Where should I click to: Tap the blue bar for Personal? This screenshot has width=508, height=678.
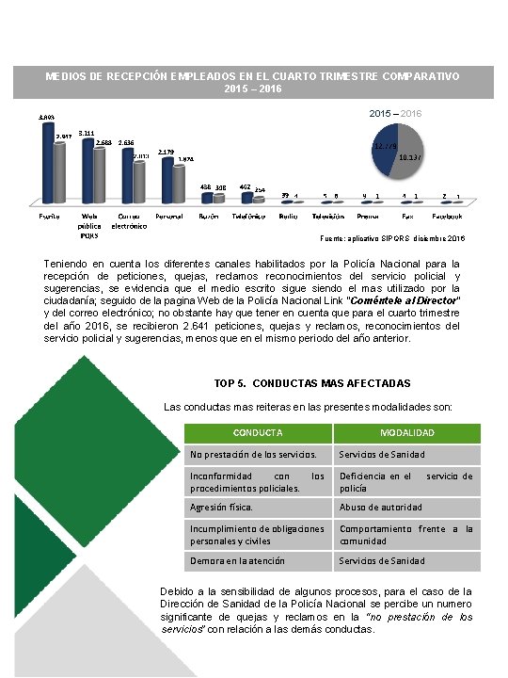[167, 179]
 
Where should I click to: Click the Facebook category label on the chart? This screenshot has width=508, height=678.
[451, 216]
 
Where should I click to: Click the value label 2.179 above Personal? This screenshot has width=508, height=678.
[167, 151]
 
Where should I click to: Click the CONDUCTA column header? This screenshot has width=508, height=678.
[258, 433]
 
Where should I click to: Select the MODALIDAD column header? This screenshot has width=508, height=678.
[406, 433]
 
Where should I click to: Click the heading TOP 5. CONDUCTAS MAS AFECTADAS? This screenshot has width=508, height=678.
[312, 383]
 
